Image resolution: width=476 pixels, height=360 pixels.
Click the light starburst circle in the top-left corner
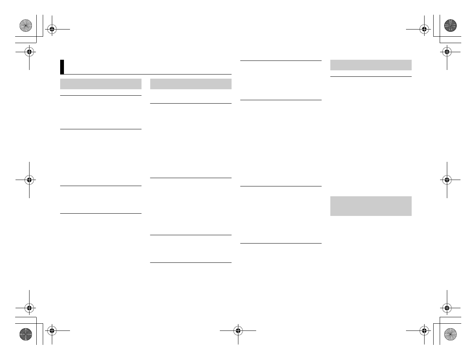tap(25, 26)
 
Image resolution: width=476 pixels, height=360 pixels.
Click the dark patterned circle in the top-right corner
tap(450, 26)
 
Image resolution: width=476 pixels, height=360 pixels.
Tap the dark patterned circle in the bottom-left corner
tap(25, 334)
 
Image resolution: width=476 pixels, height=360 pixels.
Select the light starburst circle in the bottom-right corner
tap(450, 334)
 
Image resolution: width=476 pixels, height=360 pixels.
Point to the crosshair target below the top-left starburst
tap(29, 52)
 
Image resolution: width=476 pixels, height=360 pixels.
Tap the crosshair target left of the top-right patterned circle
tap(424, 29)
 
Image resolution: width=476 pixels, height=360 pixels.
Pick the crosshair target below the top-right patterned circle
tap(447, 52)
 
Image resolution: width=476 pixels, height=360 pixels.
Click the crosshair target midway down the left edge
tap(29, 180)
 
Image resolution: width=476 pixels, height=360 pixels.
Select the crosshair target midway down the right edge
tap(447, 180)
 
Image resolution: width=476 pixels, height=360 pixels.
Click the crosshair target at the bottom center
tap(238, 331)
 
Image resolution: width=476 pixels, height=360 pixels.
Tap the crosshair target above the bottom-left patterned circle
tap(29, 308)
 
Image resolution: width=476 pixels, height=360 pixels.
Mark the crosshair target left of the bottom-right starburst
tap(424, 331)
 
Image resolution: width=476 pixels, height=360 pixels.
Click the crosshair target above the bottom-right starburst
tap(447, 308)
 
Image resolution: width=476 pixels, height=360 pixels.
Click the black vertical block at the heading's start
tap(62, 67)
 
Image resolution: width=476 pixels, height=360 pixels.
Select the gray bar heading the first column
tap(101, 84)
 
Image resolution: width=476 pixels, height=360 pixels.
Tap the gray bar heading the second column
tap(191, 84)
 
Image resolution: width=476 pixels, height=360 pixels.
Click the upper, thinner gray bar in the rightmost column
tap(371, 65)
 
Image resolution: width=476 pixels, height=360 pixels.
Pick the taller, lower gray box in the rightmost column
tap(371, 206)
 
